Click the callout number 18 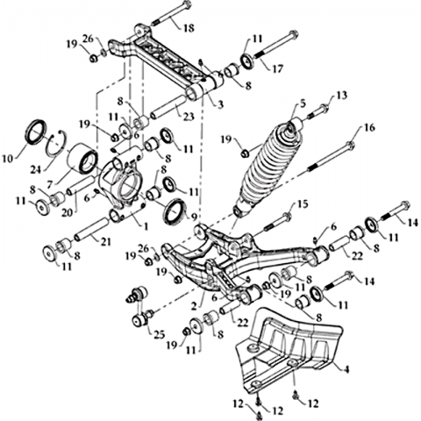[x=189, y=28]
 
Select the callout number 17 [x=277, y=69]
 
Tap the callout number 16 [x=369, y=128]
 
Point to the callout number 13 [x=341, y=96]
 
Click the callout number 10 [x=8, y=159]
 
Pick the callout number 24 [x=36, y=169]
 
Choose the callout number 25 [x=160, y=335]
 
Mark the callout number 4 [x=346, y=369]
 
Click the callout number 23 [x=189, y=117]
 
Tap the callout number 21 [x=106, y=242]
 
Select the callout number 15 [x=303, y=204]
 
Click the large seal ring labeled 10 [x=36, y=132]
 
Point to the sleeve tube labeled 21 [x=92, y=227]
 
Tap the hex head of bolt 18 [x=185, y=4]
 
